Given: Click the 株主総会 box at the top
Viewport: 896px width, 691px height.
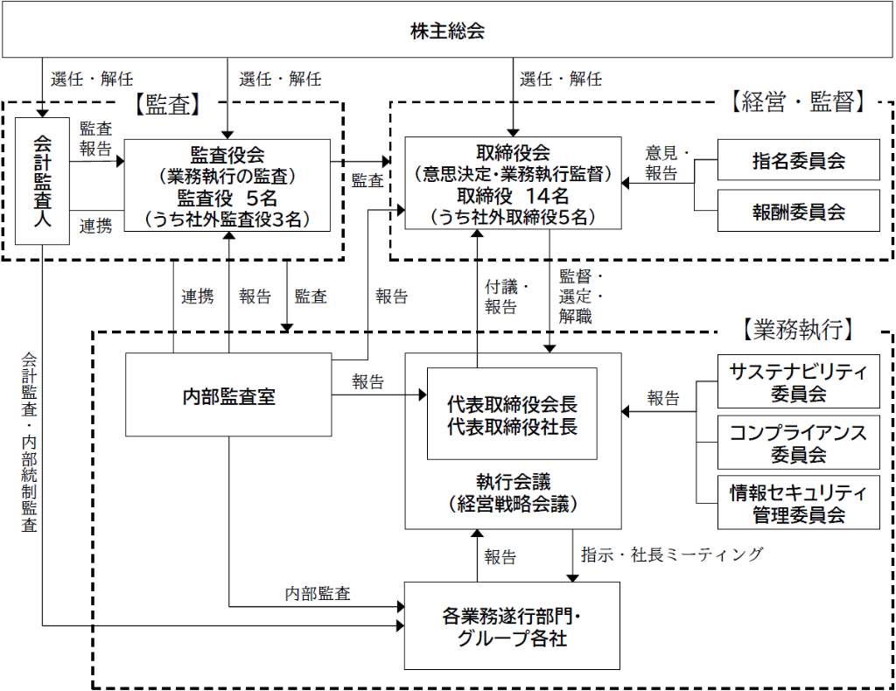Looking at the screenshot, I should click(447, 31).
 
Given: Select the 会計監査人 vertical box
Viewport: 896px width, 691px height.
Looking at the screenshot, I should click(42, 180).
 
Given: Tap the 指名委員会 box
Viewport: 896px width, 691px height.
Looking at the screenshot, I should click(798, 160).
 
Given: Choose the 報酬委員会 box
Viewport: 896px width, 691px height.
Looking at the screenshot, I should click(798, 211).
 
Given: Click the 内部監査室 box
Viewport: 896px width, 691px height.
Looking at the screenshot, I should click(228, 394).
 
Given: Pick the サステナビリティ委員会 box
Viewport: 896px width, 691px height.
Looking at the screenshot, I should click(798, 381).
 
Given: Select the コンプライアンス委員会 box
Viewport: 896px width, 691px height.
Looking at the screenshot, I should click(798, 442).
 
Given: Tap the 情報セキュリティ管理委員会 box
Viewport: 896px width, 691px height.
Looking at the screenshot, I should click(798, 503).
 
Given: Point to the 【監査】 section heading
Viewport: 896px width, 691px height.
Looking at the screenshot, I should click(168, 104).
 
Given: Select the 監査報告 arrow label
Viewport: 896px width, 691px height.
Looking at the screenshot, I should click(95, 139).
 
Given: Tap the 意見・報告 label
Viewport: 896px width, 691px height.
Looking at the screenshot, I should click(668, 162).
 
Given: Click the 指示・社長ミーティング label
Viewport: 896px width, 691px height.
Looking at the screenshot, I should click(672, 554).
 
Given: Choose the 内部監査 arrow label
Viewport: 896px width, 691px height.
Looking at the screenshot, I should click(318, 594).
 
